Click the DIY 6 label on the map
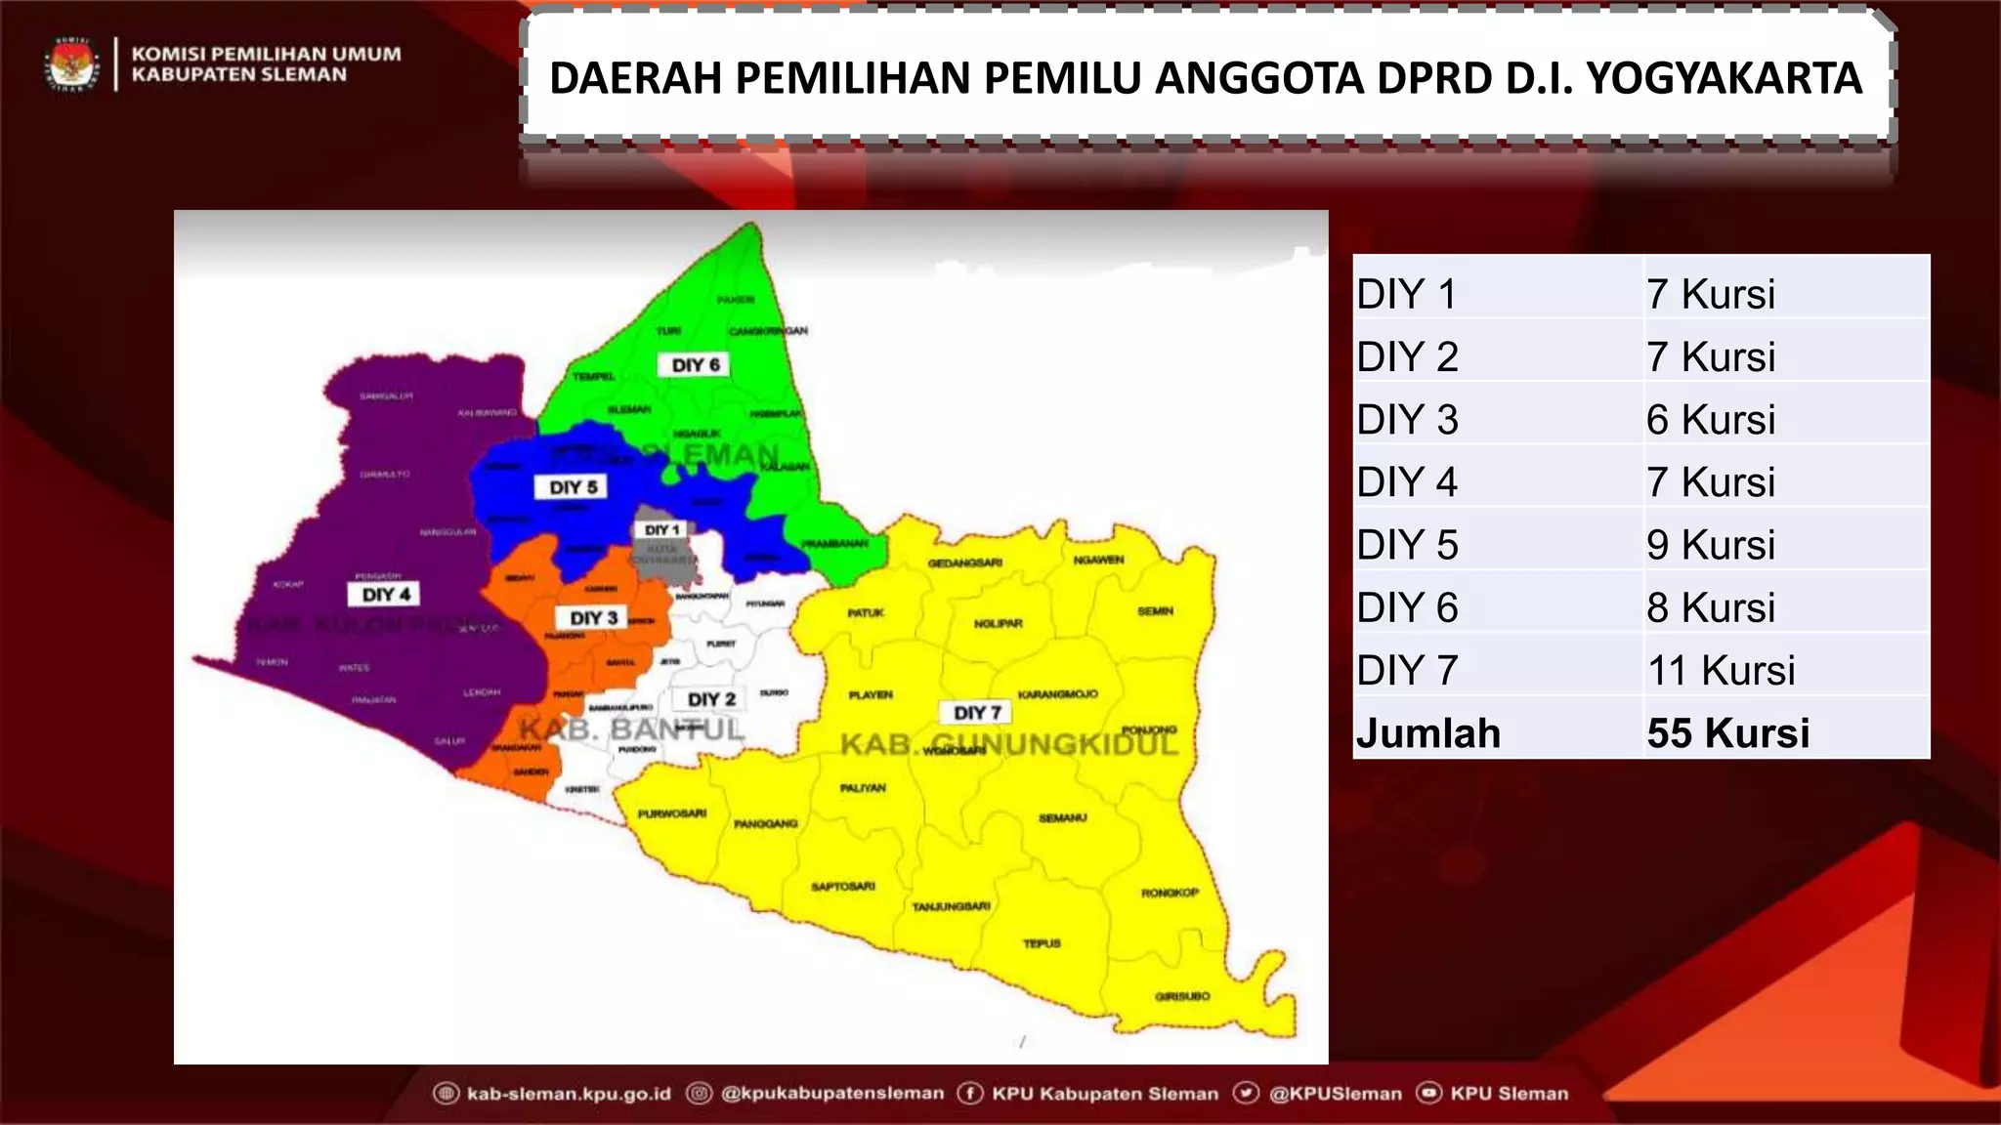pyautogui.click(x=696, y=365)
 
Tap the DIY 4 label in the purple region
pyautogui.click(x=386, y=594)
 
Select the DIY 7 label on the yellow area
pyautogui.click(x=977, y=713)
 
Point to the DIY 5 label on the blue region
pyautogui.click(x=573, y=487)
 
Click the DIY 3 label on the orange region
pyautogui.click(x=594, y=618)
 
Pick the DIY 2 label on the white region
pyautogui.click(x=711, y=699)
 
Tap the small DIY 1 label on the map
pyautogui.click(x=661, y=529)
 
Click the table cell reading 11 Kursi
pyautogui.click(x=1721, y=671)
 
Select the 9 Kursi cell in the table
pyautogui.click(x=1710, y=545)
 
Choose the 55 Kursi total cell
pyautogui.click(x=1727, y=733)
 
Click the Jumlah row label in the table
pyautogui.click(x=1427, y=733)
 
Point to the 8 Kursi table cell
pyautogui.click(x=1710, y=607)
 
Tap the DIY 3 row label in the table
pyautogui.click(x=1407, y=420)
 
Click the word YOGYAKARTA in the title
pyautogui.click(x=1724, y=78)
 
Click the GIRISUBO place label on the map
pyautogui.click(x=1182, y=996)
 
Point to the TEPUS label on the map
pyautogui.click(x=1042, y=943)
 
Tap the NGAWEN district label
pyautogui.click(x=1098, y=560)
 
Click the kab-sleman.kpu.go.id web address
pyautogui.click(x=569, y=1094)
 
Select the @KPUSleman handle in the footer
pyautogui.click(x=1335, y=1094)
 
